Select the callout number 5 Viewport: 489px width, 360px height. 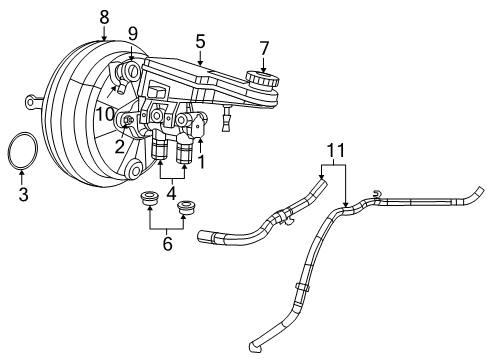(201, 42)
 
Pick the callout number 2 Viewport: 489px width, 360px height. (119, 146)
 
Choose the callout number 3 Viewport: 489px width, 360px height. (23, 195)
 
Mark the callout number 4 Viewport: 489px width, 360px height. (172, 193)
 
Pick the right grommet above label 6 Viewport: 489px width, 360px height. (185, 208)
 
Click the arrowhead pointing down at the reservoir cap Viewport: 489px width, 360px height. (264, 65)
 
